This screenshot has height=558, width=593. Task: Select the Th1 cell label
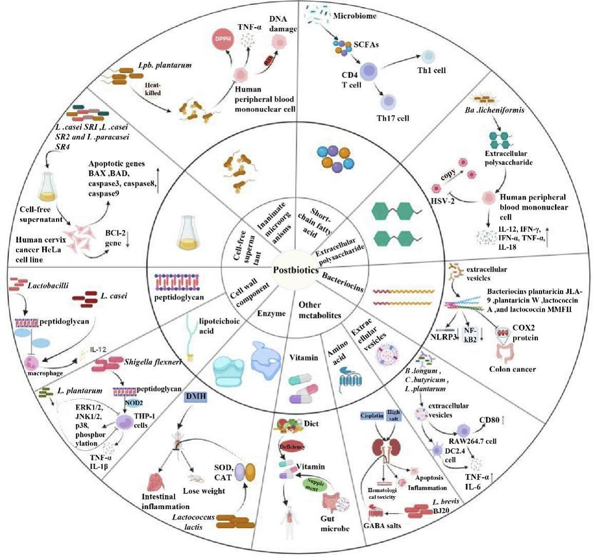click(x=431, y=70)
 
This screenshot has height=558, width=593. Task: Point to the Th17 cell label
click(x=392, y=118)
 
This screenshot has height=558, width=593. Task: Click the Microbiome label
click(x=355, y=16)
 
